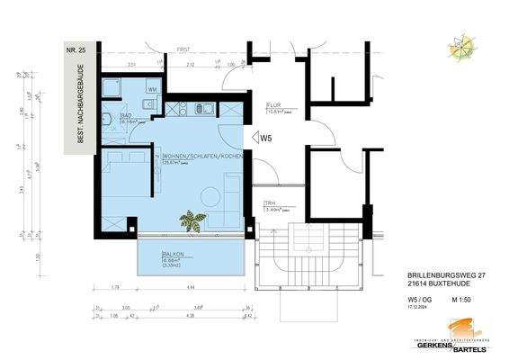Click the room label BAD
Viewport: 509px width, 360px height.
tap(128, 117)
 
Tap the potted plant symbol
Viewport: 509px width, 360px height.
tap(191, 219)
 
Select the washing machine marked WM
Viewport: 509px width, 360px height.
tap(153, 90)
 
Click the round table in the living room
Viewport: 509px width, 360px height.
tap(211, 195)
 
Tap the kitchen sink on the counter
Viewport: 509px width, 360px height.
tap(201, 109)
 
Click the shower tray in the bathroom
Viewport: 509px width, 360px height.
tap(114, 87)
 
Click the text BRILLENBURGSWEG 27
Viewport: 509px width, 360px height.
tap(433, 274)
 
